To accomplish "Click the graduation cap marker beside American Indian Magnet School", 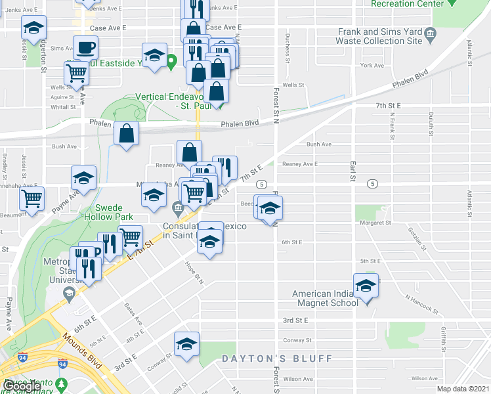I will pyautogui.click(x=366, y=286).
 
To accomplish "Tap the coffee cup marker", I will pyautogui.click(x=85, y=48).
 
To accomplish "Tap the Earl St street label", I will pyautogui.click(x=352, y=169).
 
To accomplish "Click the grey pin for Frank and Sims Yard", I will pyautogui.click(x=430, y=33).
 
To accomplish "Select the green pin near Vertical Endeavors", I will pyautogui.click(x=172, y=64).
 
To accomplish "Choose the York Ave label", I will pyautogui.click(x=372, y=66).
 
